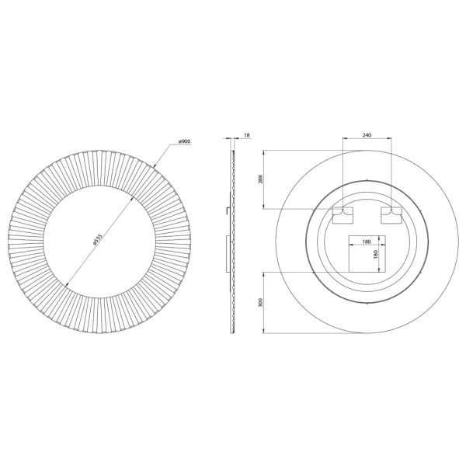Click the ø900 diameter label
click(x=184, y=142)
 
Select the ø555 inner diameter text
click(x=98, y=240)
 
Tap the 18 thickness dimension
click(x=247, y=135)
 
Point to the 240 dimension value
click(x=367, y=135)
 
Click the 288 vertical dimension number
click(x=260, y=179)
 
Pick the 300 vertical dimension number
click(x=261, y=303)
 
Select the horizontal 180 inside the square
click(x=367, y=242)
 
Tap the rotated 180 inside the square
click(x=375, y=255)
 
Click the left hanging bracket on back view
click(x=343, y=215)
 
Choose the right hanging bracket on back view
click(x=391, y=215)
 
